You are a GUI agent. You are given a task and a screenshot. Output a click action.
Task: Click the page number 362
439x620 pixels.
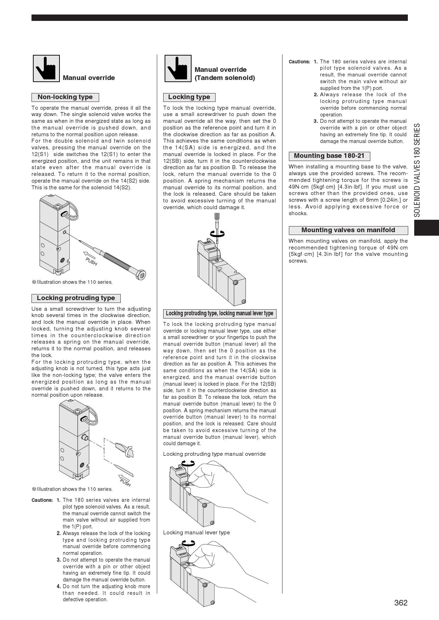pyautogui.click(x=401, y=603)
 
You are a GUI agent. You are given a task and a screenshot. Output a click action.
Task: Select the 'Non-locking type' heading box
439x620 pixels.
pyautogui.click(x=65, y=97)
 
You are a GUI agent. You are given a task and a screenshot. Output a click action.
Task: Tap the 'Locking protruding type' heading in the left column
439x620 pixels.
pyautogui.click(x=76, y=298)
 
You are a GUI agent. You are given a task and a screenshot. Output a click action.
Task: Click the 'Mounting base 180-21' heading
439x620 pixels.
pyautogui.click(x=329, y=156)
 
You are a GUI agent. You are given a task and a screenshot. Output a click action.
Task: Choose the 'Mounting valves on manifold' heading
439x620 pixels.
pyautogui.click(x=348, y=230)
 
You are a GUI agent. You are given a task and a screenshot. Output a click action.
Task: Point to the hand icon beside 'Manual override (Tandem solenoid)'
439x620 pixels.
pyautogui.click(x=178, y=68)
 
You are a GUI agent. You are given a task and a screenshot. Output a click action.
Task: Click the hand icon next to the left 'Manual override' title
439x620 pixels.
pyautogui.click(x=46, y=68)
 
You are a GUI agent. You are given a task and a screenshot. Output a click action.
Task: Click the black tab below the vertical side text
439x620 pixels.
pyautogui.click(x=426, y=228)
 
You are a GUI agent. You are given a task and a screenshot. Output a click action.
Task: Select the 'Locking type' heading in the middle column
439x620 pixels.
pyautogui.click(x=189, y=97)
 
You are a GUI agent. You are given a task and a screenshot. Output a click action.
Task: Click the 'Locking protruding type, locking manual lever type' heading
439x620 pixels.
pyautogui.click(x=219, y=314)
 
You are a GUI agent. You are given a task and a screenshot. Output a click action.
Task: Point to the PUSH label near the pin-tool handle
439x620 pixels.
pyautogui.click(x=91, y=262)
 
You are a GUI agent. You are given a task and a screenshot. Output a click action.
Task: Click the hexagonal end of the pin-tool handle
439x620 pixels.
pyautogui.click(x=141, y=275)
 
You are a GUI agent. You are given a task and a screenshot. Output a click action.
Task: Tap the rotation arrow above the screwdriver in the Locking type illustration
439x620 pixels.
pyautogui.click(x=217, y=233)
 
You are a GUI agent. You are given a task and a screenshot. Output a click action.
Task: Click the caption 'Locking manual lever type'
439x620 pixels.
pyautogui.click(x=196, y=533)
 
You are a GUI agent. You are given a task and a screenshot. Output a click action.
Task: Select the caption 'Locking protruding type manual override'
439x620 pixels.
pyautogui.click(x=214, y=454)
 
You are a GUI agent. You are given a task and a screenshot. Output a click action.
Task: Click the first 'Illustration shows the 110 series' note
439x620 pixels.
pyautogui.click(x=72, y=282)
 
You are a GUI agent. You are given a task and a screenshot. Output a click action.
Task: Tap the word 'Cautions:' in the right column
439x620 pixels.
pyautogui.click(x=299, y=62)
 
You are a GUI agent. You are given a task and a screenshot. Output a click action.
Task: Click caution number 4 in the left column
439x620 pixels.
pyautogui.click(x=59, y=586)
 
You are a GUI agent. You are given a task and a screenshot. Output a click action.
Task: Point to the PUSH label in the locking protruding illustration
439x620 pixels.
pyautogui.click(x=125, y=482)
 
